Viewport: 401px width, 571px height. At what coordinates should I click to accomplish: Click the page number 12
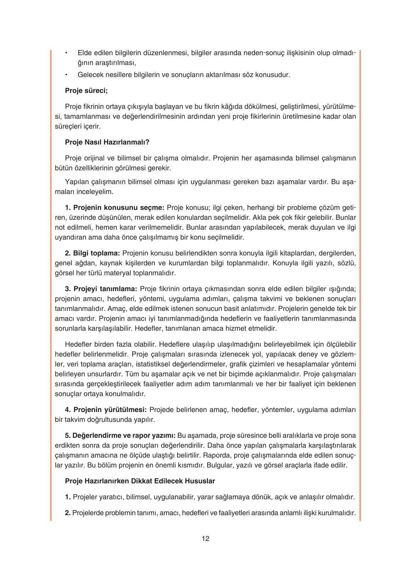pos(205,538)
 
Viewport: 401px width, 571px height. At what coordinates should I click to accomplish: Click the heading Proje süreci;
pos(86,90)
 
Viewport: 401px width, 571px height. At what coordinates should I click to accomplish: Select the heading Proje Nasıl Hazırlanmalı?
pos(107,142)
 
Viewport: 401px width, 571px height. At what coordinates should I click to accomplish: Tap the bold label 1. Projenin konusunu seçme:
pos(115,207)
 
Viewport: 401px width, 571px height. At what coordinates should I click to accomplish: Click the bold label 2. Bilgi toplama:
pos(93,253)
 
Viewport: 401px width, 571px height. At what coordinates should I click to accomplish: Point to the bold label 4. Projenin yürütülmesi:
pos(106,410)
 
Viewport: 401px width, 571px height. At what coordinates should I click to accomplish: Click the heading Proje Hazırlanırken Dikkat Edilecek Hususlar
pos(140,481)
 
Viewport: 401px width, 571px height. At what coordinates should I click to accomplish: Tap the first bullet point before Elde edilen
pos(66,53)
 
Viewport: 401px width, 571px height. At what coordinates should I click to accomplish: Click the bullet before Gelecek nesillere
pos(66,75)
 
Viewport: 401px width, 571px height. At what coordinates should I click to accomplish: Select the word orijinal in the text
pos(95,158)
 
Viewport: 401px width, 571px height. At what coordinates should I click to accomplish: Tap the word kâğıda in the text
pos(231,106)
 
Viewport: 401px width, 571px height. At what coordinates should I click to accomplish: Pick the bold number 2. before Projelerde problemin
pos(68,513)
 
